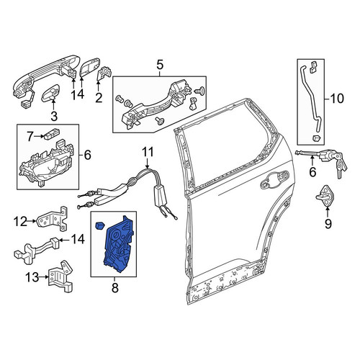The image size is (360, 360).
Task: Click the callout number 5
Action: point(160,65)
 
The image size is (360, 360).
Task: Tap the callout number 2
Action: point(99,98)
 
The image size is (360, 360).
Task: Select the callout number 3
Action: point(54,116)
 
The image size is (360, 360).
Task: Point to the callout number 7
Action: point(30,137)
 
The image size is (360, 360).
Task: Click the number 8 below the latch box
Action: point(115,287)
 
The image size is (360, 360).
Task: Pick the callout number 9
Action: point(328,224)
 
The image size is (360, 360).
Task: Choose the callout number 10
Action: point(337,99)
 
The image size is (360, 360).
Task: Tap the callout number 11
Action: point(148,152)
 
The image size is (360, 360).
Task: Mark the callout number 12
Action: point(20,221)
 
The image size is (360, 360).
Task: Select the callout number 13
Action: point(32,277)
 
